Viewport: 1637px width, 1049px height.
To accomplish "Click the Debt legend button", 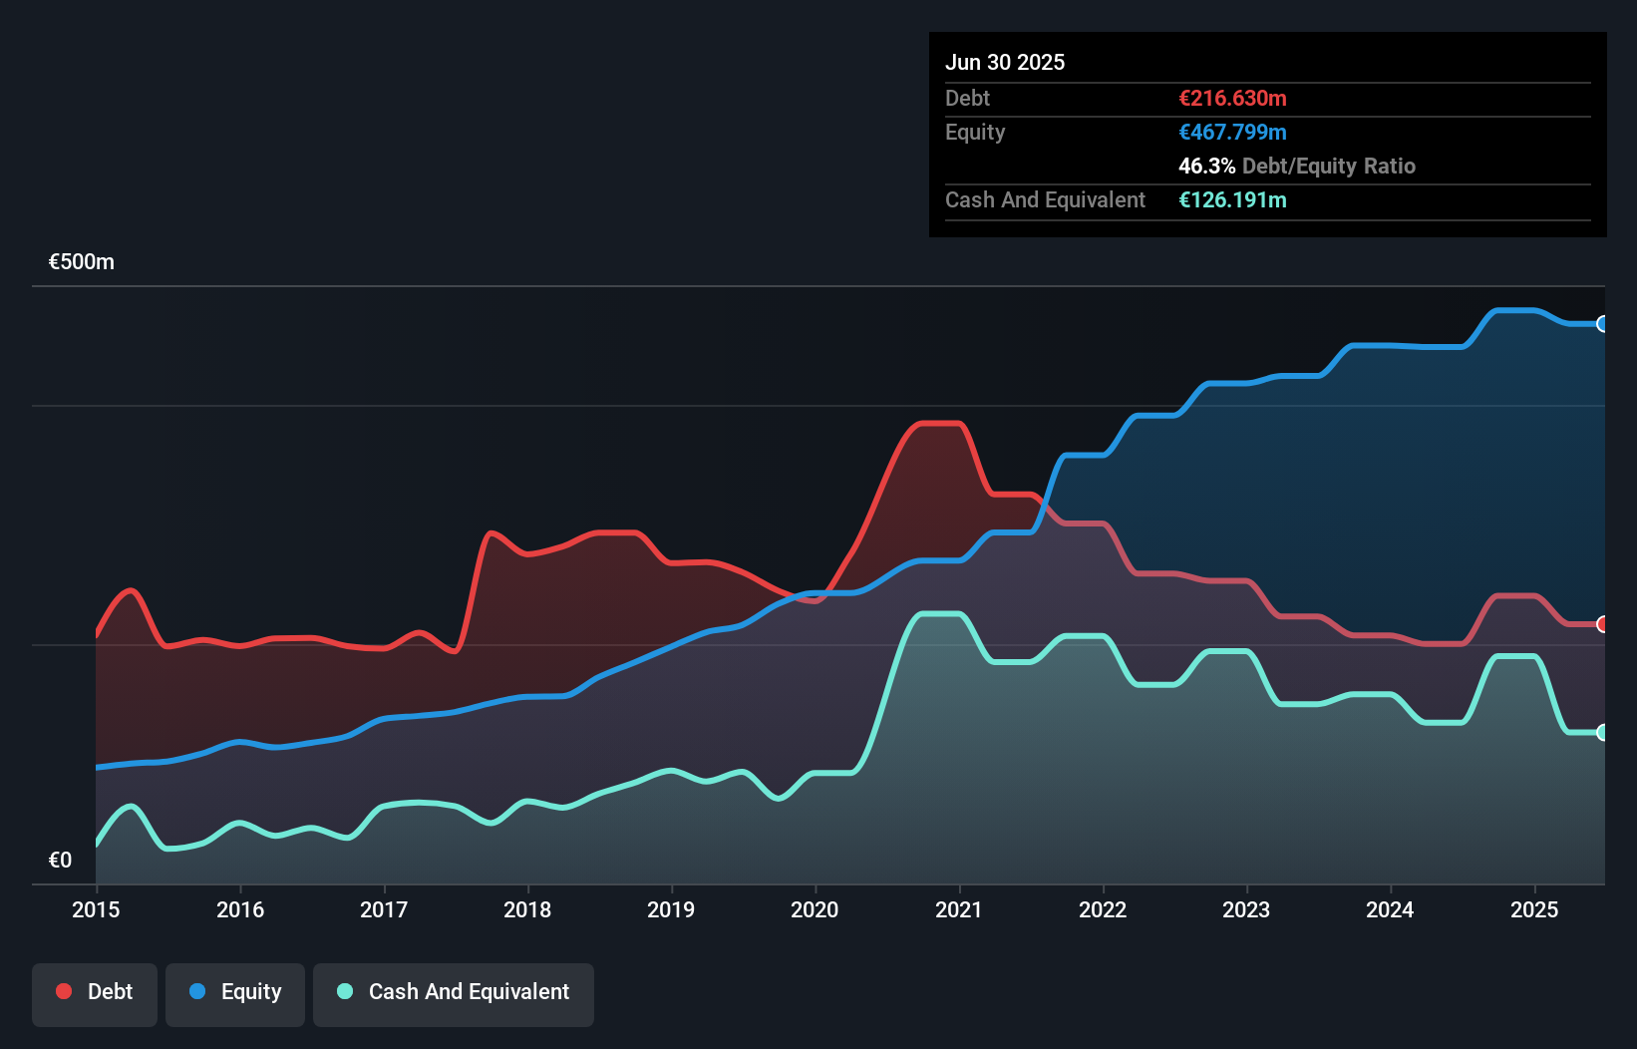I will pos(95,993).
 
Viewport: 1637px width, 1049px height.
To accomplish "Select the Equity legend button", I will pos(235,993).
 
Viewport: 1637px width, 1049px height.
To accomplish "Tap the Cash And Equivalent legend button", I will pos(454,993).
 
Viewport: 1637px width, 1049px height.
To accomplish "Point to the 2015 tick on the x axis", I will pos(97,909).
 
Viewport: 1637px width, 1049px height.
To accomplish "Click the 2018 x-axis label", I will pos(527,909).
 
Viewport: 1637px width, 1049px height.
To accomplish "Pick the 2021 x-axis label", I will pos(959,909).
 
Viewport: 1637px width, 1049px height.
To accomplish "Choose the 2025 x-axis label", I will pos(1534,909).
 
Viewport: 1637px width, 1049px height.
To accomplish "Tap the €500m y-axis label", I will pos(82,262).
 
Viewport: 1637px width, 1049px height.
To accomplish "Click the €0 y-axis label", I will pos(61,860).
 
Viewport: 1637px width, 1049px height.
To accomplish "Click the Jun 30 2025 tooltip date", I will pos(1005,62).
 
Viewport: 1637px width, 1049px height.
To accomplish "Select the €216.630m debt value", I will pos(1232,98).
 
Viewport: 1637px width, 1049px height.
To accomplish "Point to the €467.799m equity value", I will pos(1232,132).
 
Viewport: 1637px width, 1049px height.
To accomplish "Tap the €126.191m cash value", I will pos(1232,199).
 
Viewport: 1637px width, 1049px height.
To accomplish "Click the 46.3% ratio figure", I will pos(1206,166).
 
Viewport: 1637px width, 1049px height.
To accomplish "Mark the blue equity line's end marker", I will pos(1603,324).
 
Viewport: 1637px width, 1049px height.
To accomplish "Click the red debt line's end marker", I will pos(1603,624).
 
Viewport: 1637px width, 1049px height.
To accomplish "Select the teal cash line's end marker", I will pos(1603,733).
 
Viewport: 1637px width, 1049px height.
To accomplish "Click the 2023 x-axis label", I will pos(1246,909).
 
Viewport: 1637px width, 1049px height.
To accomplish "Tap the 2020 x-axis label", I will pos(815,909).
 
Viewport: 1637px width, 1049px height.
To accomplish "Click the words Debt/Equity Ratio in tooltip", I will pos(1329,166).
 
